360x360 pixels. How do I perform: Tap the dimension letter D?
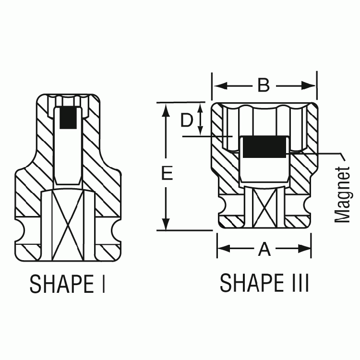(x=187, y=120)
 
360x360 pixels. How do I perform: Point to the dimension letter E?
(x=167, y=174)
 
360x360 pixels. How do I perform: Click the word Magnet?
(x=343, y=194)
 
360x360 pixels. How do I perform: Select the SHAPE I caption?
(x=67, y=284)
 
